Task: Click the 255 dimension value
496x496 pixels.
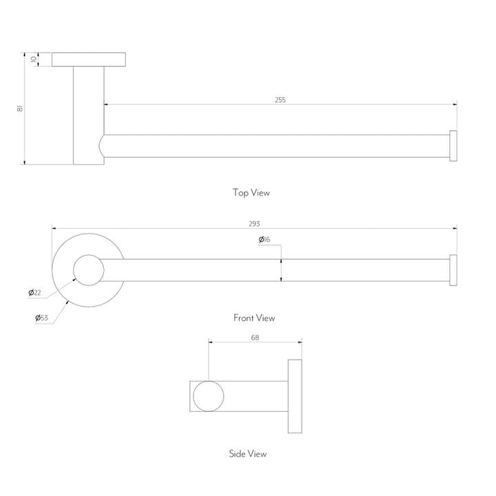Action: click(x=280, y=100)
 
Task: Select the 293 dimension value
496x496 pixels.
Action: click(x=254, y=224)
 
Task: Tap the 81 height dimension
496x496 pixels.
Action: click(x=20, y=108)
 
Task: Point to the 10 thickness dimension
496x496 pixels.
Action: click(x=34, y=59)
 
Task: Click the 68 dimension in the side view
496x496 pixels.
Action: click(x=255, y=338)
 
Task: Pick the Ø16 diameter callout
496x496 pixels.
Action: click(x=265, y=240)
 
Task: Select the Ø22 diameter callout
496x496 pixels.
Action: click(x=35, y=293)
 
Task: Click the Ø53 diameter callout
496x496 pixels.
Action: click(x=41, y=318)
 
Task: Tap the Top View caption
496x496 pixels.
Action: click(x=251, y=193)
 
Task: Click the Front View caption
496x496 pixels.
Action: click(x=254, y=318)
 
